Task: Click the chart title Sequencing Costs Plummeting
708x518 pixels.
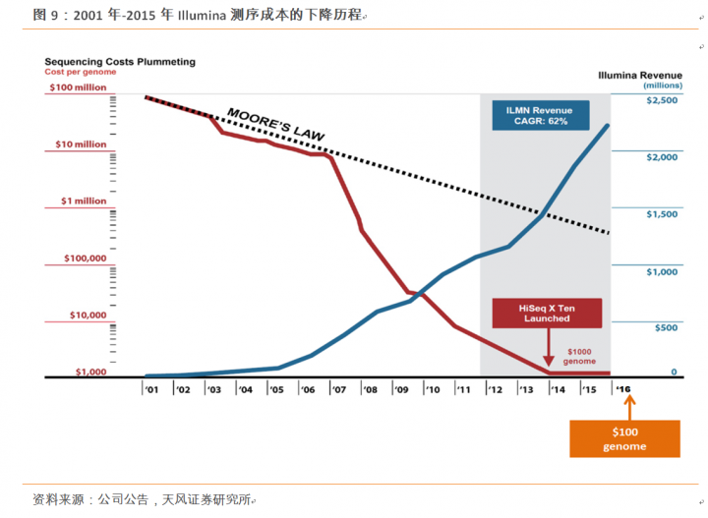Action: [120, 61]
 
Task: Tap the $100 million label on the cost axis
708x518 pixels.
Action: [77, 87]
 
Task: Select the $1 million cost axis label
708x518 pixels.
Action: [83, 201]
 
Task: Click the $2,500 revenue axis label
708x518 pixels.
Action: [662, 101]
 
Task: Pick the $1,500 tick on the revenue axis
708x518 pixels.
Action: [662, 214]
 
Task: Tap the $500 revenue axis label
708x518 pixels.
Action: [666, 327]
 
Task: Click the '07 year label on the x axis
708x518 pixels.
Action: [338, 390]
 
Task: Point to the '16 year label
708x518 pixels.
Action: [622, 389]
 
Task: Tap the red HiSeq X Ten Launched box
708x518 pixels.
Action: [546, 314]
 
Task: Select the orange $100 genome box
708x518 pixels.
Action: [624, 438]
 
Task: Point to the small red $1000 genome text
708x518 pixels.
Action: [580, 356]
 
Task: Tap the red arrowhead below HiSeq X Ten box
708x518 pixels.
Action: [547, 364]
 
